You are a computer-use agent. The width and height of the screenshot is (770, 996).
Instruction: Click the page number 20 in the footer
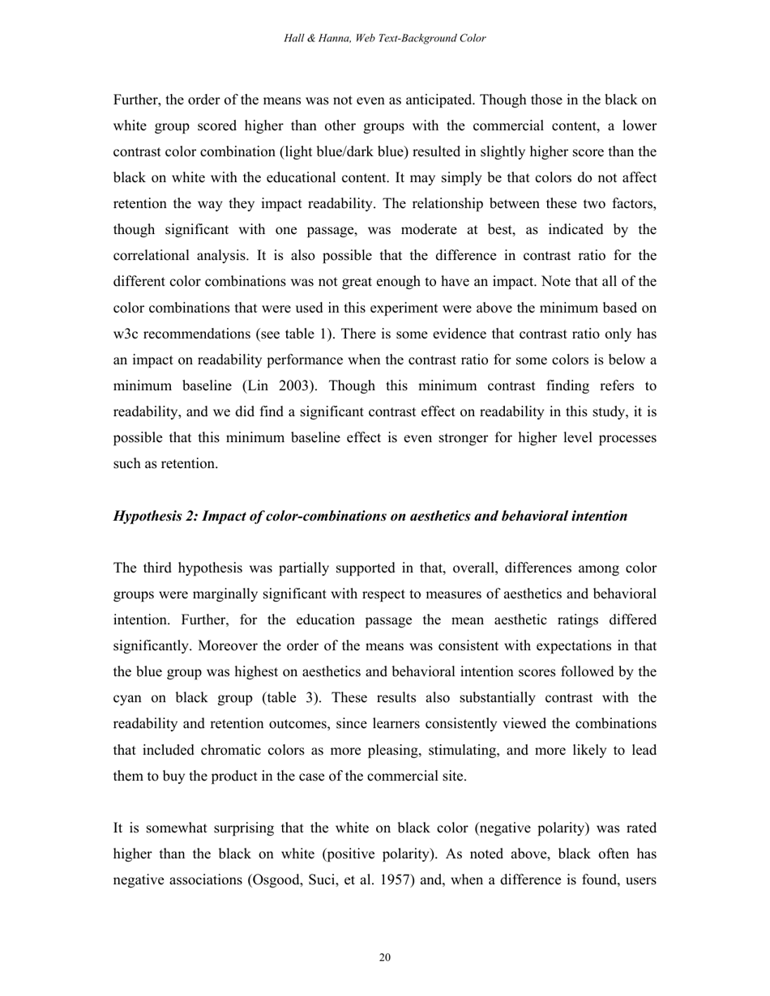tap(385, 958)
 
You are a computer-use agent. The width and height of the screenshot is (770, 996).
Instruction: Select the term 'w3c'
tap(128, 334)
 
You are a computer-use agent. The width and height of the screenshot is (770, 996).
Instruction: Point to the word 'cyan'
tap(128, 697)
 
